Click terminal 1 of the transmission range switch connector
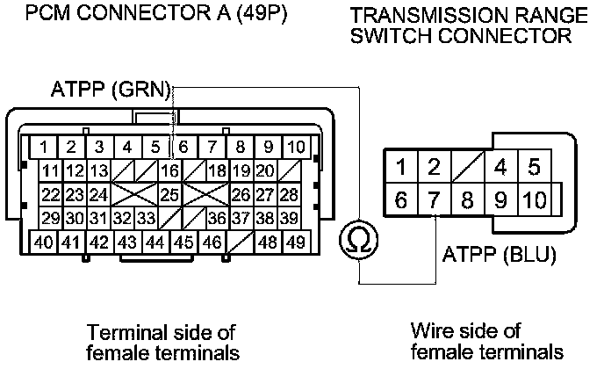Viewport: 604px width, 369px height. pos(400,166)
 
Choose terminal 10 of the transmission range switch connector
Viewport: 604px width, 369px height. pos(533,199)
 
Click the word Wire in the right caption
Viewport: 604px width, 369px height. pos(430,330)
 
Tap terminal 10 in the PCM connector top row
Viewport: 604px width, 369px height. pos(296,147)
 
